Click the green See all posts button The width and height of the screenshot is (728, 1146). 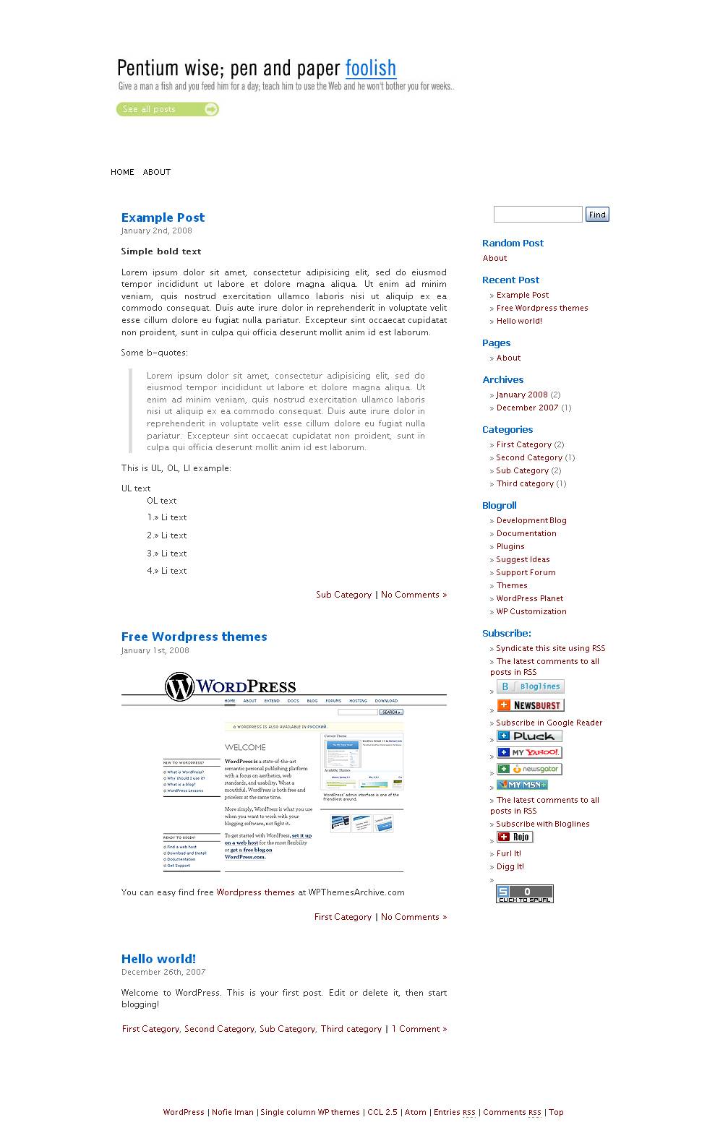[167, 109]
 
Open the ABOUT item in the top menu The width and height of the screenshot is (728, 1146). [157, 172]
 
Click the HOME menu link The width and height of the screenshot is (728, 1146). [122, 172]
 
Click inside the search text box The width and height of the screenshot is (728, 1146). [537, 215]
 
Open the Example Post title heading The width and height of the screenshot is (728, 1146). [163, 217]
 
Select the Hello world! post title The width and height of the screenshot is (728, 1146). [158, 959]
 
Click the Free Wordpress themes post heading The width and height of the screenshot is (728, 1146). [194, 637]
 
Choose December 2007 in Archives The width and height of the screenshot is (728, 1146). [527, 408]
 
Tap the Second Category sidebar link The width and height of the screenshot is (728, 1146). [529, 457]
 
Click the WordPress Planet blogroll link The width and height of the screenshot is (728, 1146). [529, 598]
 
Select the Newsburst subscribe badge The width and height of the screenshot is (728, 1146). [530, 705]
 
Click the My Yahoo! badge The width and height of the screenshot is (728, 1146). [529, 753]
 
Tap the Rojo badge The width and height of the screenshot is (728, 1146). [515, 837]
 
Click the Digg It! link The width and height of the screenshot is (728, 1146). [510, 866]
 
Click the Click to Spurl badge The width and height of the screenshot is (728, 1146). [524, 894]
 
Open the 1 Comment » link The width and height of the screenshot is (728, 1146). [419, 1029]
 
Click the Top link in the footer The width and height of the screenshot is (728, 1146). [556, 1112]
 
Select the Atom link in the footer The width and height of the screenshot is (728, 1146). [415, 1112]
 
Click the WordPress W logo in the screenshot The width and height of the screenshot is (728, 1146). [179, 686]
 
